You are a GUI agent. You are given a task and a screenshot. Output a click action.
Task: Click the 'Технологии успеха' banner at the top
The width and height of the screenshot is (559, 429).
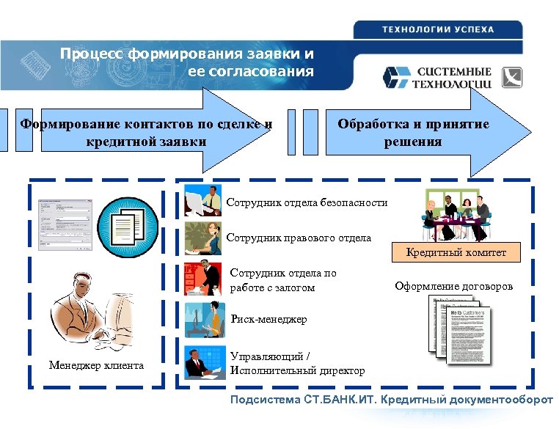(438, 29)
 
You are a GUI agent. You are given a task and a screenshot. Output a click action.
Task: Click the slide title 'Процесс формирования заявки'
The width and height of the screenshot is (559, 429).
(187, 62)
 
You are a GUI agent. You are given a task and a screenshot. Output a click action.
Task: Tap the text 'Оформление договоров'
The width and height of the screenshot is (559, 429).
(454, 286)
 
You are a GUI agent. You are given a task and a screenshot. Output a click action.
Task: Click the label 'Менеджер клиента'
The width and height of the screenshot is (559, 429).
(96, 365)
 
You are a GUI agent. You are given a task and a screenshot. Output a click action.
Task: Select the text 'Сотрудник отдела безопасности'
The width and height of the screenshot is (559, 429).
(307, 202)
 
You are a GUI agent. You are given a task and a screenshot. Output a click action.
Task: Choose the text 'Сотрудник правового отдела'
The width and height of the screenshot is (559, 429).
(299, 238)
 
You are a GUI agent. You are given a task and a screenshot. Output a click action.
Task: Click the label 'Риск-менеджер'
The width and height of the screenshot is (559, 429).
(268, 319)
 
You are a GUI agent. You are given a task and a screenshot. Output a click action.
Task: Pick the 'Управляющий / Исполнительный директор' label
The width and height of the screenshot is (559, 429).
(297, 364)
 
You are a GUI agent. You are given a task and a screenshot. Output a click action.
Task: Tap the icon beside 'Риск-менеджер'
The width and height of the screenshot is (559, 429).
(203, 318)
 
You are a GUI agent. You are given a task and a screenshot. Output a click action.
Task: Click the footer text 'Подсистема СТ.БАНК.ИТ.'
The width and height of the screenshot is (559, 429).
(391, 400)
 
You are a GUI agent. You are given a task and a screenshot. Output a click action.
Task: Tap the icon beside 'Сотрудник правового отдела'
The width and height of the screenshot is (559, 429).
(203, 238)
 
